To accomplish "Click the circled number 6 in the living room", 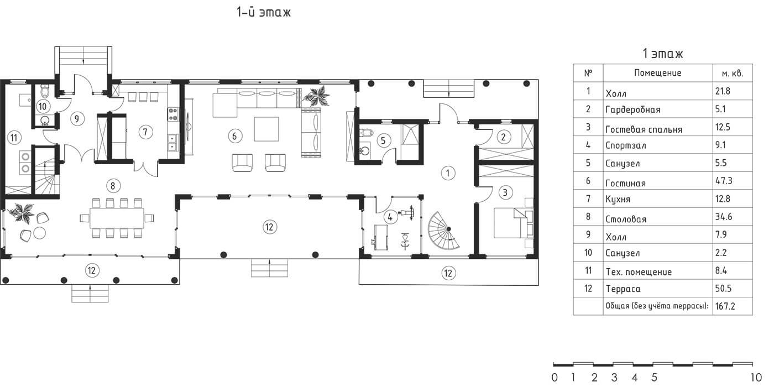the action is tap(234, 136).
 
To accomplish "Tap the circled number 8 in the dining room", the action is tap(113, 186).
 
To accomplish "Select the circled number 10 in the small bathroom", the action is tap(43, 106).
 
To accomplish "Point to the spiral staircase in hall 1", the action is tap(444, 231).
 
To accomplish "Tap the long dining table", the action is tap(117, 218).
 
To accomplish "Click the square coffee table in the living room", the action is tap(266, 129).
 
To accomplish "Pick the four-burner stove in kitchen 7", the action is tap(172, 114).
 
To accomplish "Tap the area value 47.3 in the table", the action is tap(724, 181).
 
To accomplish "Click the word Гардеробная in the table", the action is tap(632, 110).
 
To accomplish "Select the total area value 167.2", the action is tap(725, 306).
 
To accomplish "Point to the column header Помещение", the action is tap(657, 73).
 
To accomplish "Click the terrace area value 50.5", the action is tap(723, 288).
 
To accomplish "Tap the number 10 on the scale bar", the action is tap(756, 378).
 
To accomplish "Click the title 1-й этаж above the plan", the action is tap(264, 12).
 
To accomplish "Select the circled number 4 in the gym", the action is tap(390, 217).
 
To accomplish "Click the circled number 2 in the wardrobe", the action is tap(504, 138).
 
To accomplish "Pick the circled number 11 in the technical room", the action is tap(14, 138).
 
